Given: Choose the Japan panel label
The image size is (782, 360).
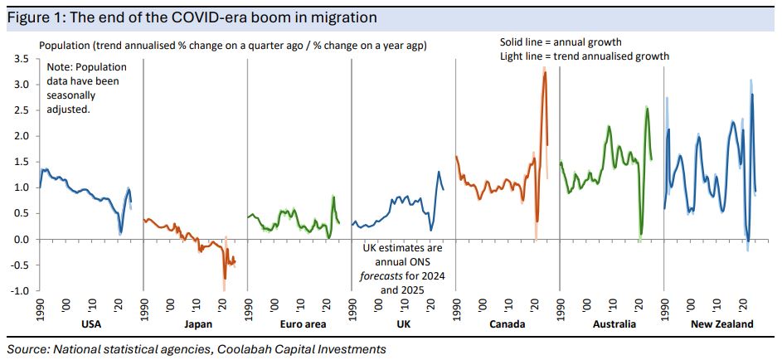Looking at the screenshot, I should click(x=195, y=324).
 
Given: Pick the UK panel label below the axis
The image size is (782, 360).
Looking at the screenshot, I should click(x=403, y=324).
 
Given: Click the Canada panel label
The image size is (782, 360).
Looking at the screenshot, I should click(x=508, y=324).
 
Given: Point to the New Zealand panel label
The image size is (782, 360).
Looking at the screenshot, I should click(x=722, y=324).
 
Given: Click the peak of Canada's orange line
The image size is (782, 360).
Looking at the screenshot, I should click(x=545, y=72).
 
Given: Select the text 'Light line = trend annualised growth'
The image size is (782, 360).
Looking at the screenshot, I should click(x=584, y=56).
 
